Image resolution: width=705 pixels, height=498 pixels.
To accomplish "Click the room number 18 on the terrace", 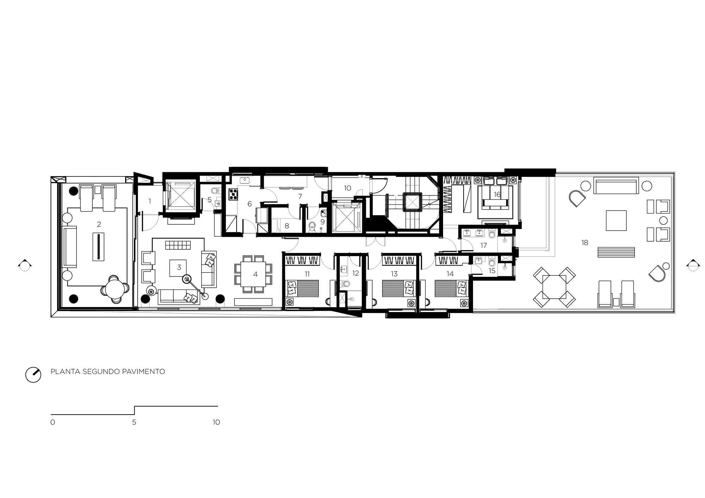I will (585, 243).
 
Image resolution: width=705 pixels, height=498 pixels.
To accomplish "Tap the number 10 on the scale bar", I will (216, 422).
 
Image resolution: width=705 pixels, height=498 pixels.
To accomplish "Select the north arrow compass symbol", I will (33, 375).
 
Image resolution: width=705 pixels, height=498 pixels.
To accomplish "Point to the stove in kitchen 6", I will (233, 194).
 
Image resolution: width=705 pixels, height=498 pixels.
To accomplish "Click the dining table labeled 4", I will (253, 274).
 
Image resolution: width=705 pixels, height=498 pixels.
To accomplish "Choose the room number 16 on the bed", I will (497, 194).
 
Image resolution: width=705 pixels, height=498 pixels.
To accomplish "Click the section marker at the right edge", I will (693, 265).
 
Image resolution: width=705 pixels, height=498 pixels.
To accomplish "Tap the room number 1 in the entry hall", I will (150, 201).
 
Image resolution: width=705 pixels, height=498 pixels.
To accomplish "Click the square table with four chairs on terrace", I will (554, 287).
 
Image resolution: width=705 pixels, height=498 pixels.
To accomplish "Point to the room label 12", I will (355, 273).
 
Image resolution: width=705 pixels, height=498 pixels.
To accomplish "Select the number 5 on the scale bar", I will (134, 422).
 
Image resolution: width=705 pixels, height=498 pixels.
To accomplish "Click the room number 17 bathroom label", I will (484, 245).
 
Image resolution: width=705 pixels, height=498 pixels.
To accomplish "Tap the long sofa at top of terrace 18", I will (616, 186).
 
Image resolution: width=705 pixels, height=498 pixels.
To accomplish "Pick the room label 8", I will (287, 226).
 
